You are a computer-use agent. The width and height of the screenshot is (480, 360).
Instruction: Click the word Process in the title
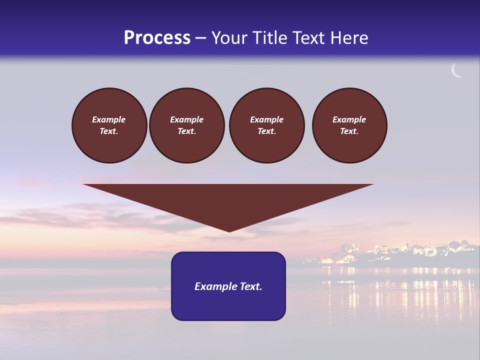(157, 37)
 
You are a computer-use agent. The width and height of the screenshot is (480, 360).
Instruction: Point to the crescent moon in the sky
(456, 71)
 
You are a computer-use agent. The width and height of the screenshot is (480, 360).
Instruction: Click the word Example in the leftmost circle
(109, 119)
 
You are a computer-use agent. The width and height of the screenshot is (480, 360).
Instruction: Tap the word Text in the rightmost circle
(349, 131)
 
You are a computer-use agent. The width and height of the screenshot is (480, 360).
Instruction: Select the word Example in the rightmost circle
(349, 119)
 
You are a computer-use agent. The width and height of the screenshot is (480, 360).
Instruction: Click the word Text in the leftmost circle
(109, 131)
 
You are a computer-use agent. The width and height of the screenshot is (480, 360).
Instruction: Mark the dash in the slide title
(201, 38)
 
